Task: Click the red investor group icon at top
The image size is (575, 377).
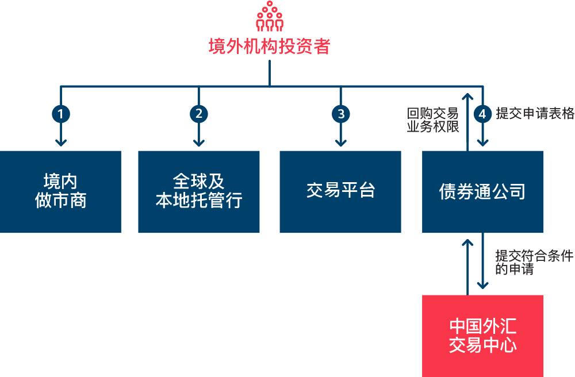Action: point(270,17)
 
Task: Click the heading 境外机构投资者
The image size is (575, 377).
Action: point(270,46)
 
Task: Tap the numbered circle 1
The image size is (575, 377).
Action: point(61,114)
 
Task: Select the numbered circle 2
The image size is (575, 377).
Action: point(198,114)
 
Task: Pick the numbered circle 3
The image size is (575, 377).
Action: point(340,114)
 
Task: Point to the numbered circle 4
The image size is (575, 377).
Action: point(483,114)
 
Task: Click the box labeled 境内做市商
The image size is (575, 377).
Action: point(60,191)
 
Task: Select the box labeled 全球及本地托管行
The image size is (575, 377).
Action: point(198,191)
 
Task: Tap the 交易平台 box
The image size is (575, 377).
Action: point(340,191)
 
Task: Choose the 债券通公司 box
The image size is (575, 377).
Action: point(482,191)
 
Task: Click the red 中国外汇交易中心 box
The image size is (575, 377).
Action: point(482,336)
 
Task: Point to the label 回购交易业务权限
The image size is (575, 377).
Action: point(432,120)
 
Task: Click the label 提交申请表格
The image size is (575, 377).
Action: point(535,114)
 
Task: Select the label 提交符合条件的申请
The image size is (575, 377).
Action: point(534,262)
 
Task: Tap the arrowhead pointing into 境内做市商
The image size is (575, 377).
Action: point(61,143)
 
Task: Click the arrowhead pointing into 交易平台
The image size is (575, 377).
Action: point(340,143)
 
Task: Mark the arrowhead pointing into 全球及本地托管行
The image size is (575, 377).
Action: point(198,143)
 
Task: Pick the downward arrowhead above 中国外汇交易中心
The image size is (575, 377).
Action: point(483,285)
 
